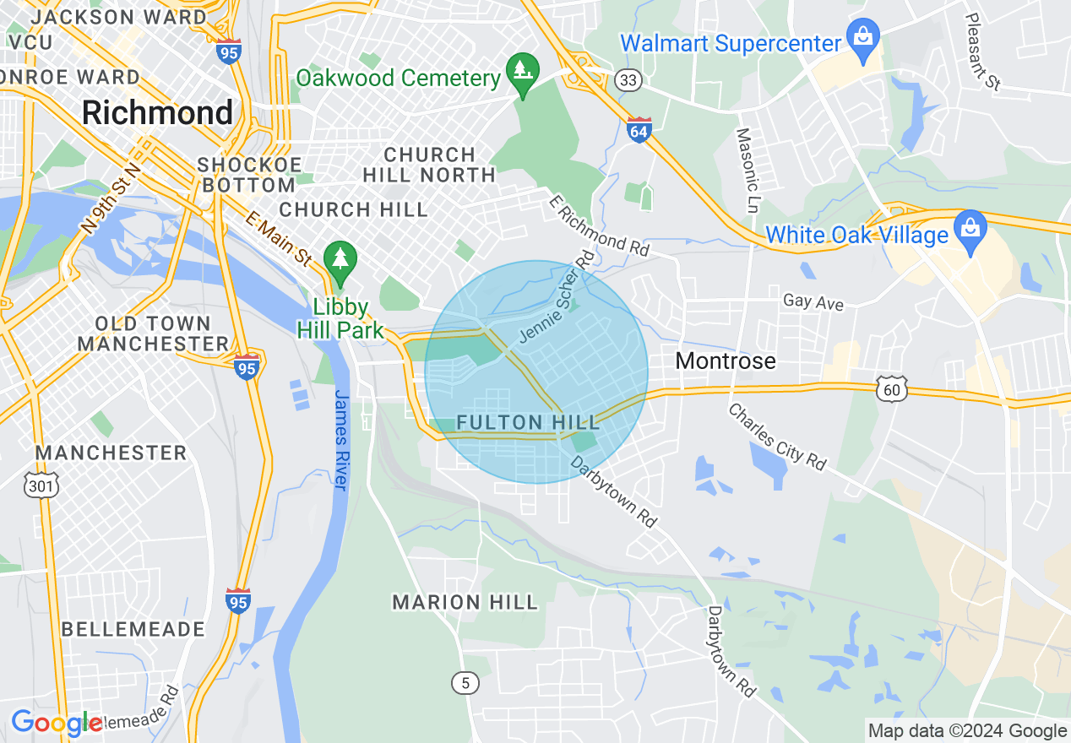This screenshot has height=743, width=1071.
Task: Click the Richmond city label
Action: coord(157,112)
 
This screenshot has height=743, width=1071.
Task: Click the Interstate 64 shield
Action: coord(639,130)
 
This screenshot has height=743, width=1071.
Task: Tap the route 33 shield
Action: coord(629,80)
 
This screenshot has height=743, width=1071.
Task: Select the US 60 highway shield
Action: coord(893,389)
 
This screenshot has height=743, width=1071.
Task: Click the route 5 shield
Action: coord(465,682)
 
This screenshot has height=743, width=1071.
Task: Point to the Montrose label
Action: coord(726,361)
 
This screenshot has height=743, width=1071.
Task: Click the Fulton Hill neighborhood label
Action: coord(528,422)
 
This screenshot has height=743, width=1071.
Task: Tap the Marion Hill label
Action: coord(465,602)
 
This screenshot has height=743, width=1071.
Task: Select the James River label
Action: coord(341,439)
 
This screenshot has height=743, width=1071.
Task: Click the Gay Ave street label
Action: coord(813,301)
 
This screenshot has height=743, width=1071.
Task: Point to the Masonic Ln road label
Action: coord(748,169)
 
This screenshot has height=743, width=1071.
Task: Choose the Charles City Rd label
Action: coord(776,437)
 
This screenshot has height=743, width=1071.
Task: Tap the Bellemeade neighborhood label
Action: coord(133,629)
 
